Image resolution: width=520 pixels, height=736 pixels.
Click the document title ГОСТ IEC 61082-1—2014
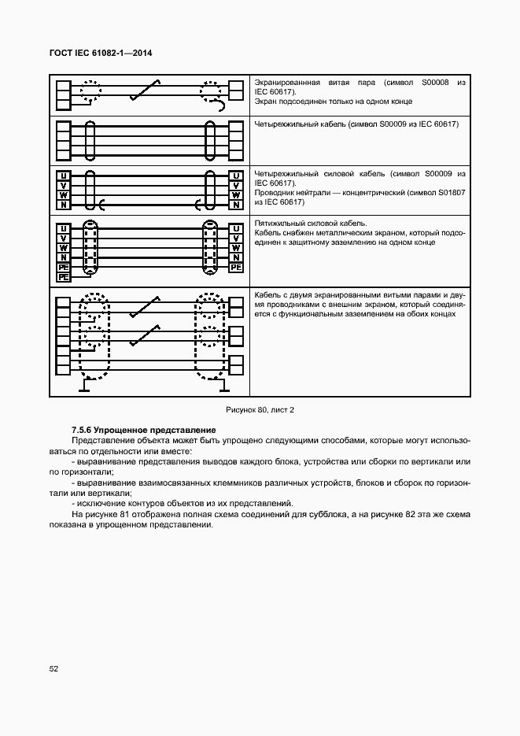[101, 53]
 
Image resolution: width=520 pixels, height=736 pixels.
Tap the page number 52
[54, 669]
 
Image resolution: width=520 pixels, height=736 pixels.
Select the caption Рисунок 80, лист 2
[260, 409]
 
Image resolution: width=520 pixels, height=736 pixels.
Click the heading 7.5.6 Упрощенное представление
[143, 430]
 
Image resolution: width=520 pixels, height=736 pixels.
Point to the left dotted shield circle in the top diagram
[89, 92]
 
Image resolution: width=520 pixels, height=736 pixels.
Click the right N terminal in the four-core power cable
[234, 205]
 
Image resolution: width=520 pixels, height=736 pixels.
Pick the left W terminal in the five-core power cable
[62, 248]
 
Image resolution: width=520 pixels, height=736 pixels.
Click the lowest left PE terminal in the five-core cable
[62, 277]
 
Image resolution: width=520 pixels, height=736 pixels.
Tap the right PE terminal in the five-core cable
[234, 268]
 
